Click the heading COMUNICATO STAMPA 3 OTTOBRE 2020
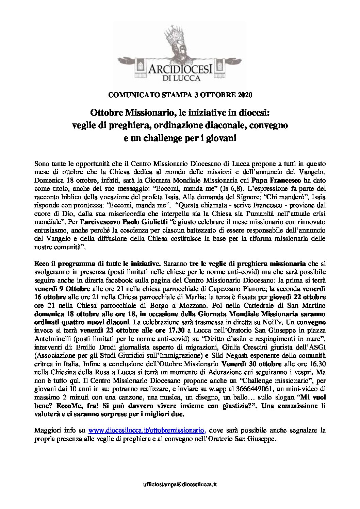(x=180, y=95)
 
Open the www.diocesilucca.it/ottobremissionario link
(x=147, y=430)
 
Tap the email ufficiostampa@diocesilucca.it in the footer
(x=180, y=493)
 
